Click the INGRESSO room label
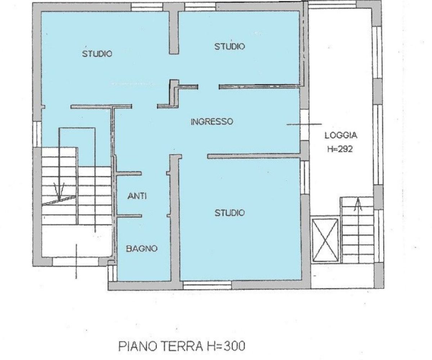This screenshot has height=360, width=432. point(212,122)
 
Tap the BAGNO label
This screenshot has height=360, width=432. point(142,248)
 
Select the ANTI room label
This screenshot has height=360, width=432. point(137,196)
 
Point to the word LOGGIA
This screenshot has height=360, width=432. point(341,135)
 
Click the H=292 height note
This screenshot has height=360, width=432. point(340,149)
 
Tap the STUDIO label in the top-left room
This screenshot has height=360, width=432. point(97,54)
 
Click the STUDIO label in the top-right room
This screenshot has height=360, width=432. point(229,46)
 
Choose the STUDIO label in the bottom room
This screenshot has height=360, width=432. point(229,213)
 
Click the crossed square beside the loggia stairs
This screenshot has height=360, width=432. point(325,240)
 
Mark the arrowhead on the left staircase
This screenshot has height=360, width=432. point(59,191)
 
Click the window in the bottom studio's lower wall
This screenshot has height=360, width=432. point(207,285)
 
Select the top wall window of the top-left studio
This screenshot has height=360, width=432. point(147,7)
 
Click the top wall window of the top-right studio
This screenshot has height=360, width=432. point(200,7)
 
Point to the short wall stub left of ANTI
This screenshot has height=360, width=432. point(129,174)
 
